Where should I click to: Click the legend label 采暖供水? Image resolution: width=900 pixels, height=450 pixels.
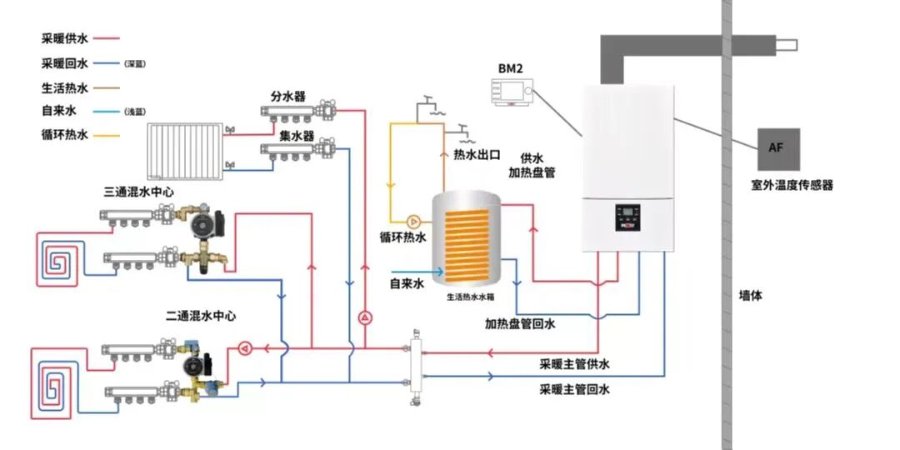pos(64,38)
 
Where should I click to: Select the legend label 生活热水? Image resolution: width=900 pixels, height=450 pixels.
pos(64,87)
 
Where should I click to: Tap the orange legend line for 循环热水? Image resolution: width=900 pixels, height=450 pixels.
pos(107,134)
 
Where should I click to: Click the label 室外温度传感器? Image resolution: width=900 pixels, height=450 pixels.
pos(792,185)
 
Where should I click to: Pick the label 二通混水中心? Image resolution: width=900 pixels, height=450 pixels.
pos(200,316)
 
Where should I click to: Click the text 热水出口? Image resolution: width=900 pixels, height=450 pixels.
pos(477,155)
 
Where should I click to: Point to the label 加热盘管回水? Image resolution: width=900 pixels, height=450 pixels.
pos(520,323)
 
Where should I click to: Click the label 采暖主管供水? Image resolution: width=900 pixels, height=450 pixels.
pos(574,364)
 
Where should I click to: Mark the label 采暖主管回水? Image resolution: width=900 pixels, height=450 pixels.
pos(574,389)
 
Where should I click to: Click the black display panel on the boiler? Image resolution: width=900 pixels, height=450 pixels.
pos(629,218)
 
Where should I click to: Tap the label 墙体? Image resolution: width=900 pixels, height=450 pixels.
pos(750,295)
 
